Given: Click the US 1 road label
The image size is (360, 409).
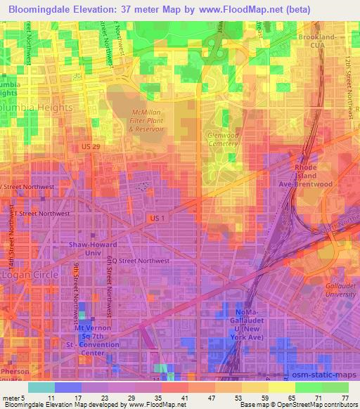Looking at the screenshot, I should coord(157,219).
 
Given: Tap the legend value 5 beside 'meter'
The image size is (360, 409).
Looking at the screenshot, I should coord(27,397).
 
